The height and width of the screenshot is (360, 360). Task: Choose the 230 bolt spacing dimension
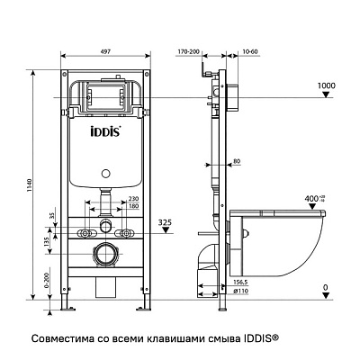coord(132,199)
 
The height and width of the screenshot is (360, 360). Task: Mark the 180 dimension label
coord(132,206)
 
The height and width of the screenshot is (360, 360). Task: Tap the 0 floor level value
coord(325,288)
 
